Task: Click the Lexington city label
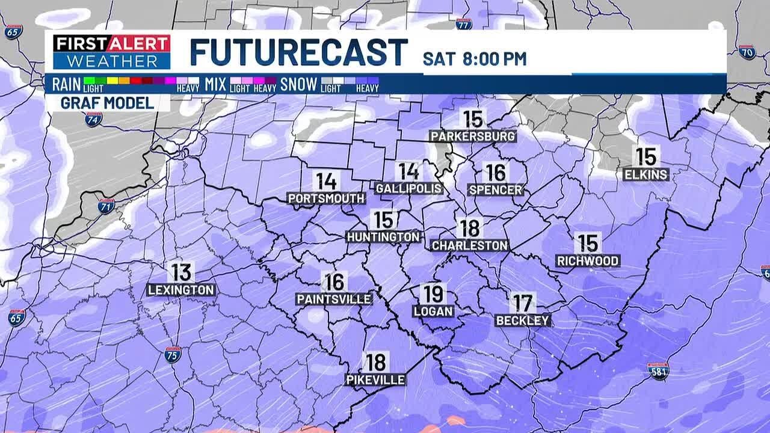[181, 290]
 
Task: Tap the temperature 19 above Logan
[433, 294]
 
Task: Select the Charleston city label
[470, 245]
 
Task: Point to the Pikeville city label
[375, 379]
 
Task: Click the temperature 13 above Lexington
[181, 272]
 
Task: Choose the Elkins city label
[646, 174]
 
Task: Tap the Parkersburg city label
[473, 136]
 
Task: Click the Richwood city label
[588, 261]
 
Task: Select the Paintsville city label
[334, 299]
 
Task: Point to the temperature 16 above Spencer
[496, 173]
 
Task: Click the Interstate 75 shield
[173, 354]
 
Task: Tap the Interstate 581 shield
[658, 370]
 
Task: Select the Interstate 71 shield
[106, 206]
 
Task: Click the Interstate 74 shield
[93, 119]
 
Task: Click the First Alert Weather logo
[112, 52]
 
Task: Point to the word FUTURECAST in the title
[299, 52]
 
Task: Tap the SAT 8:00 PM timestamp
[475, 59]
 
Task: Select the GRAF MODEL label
[107, 103]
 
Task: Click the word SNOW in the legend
[298, 85]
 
